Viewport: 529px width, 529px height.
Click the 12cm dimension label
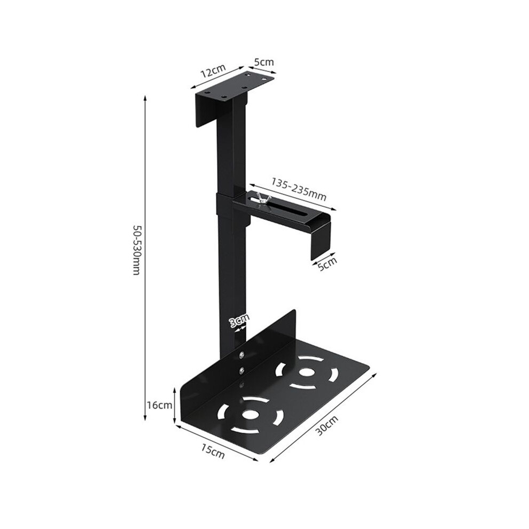point(213,71)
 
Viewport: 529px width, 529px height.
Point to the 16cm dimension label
point(159,405)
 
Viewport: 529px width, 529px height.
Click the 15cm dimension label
point(213,452)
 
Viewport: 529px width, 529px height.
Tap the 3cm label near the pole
point(239,320)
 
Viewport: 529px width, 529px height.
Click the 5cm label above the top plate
point(264,62)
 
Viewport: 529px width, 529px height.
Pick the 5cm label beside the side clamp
point(328,264)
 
